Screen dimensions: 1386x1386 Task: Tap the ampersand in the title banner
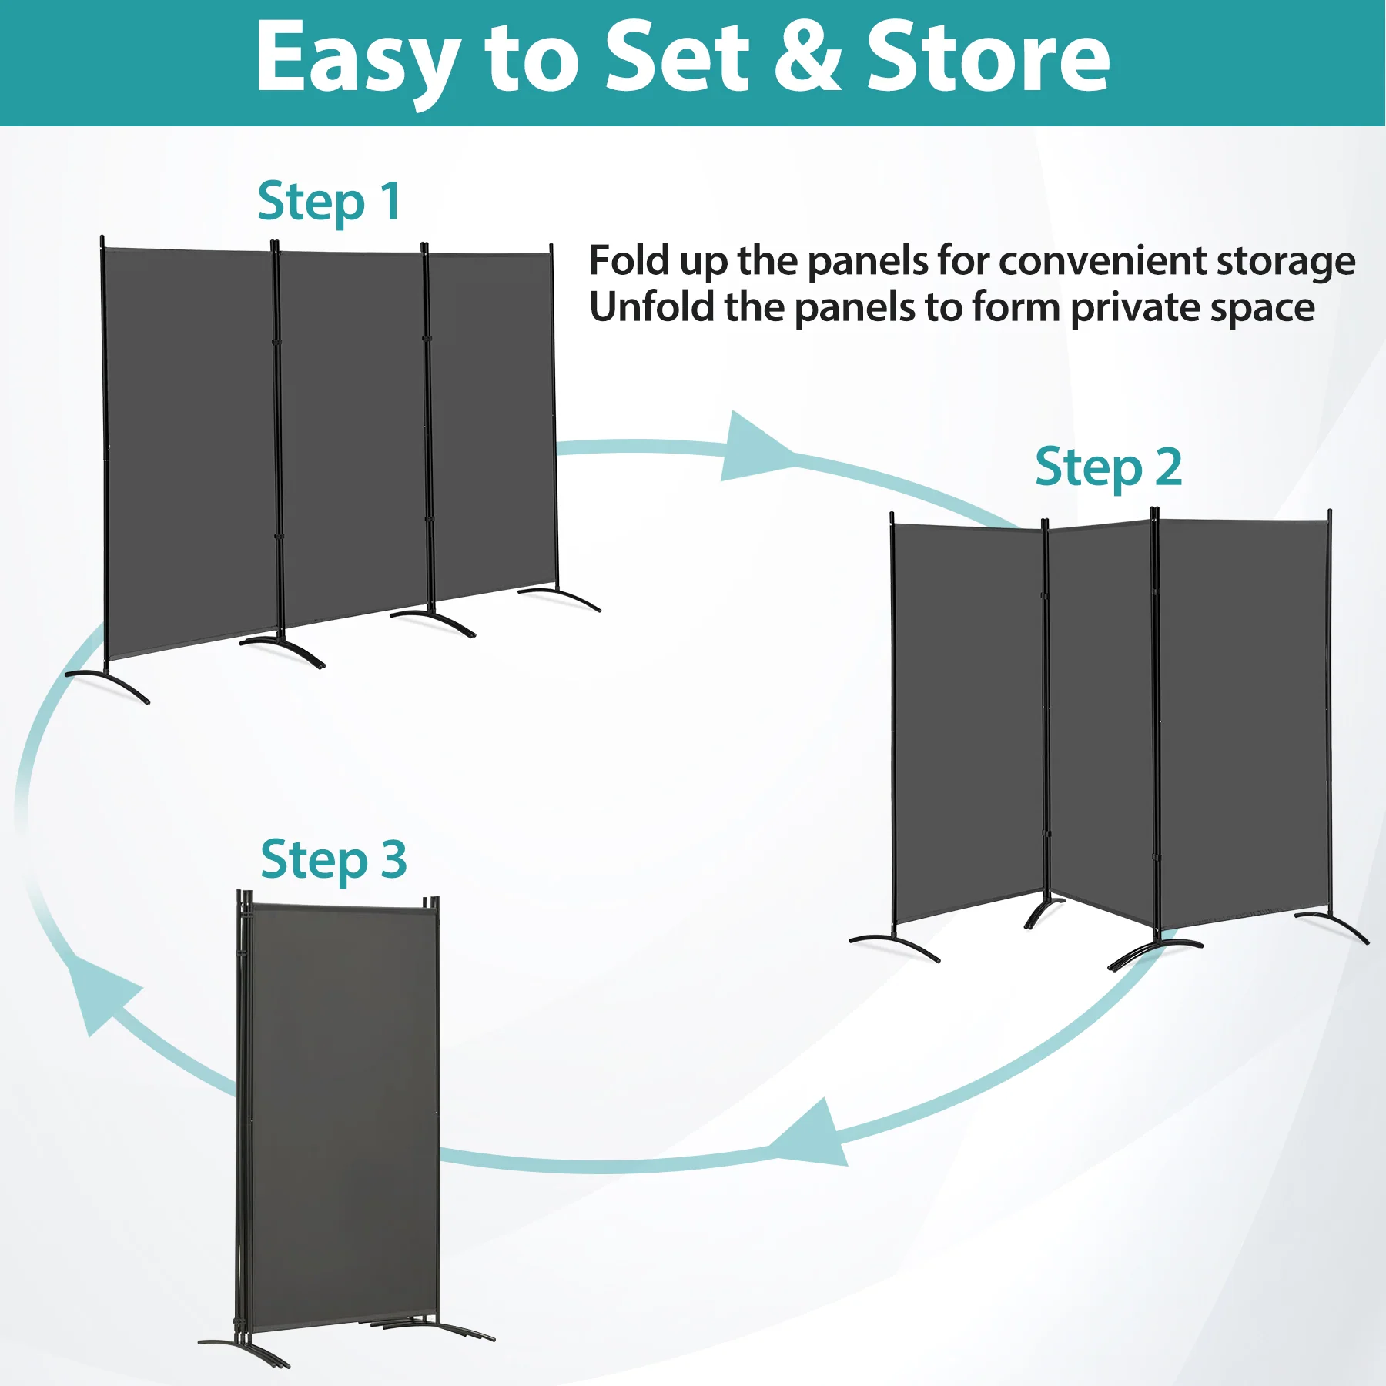[808, 56]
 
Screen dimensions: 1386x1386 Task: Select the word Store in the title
[989, 56]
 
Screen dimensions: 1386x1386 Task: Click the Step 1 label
[329, 203]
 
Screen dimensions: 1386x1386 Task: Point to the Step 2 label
[1108, 468]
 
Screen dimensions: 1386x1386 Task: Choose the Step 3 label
[333, 860]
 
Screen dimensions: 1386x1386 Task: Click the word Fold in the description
[629, 260]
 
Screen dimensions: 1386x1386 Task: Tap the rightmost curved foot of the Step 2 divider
[1332, 924]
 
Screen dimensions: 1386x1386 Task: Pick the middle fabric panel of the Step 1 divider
[352, 435]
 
